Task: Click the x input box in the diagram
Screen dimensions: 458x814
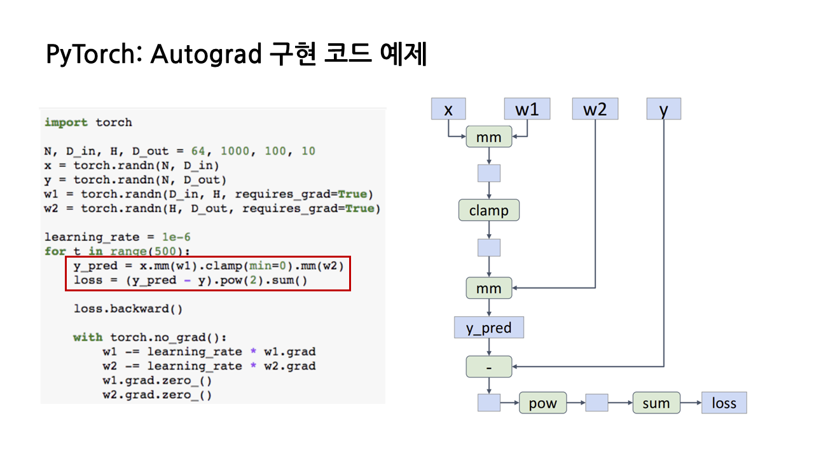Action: (448, 109)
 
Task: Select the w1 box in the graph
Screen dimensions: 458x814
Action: (527, 109)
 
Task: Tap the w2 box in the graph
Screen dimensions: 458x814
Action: (595, 109)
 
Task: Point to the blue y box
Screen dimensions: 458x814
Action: (664, 109)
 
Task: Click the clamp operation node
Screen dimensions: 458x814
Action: (488, 210)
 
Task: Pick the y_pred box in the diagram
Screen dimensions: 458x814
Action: (488, 328)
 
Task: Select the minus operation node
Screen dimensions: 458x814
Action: (488, 366)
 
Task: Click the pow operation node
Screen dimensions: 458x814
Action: (542, 403)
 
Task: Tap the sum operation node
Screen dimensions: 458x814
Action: (656, 403)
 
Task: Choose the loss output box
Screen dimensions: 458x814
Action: (724, 403)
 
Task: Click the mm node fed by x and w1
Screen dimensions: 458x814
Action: (488, 137)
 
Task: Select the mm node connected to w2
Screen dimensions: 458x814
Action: (488, 288)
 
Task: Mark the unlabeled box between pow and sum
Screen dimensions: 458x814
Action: (597, 403)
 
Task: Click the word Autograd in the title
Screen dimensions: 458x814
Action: (206, 55)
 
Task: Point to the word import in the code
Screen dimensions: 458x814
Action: (67, 122)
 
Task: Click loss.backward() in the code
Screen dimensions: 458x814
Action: (128, 309)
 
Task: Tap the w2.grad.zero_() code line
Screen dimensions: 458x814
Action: (156, 395)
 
